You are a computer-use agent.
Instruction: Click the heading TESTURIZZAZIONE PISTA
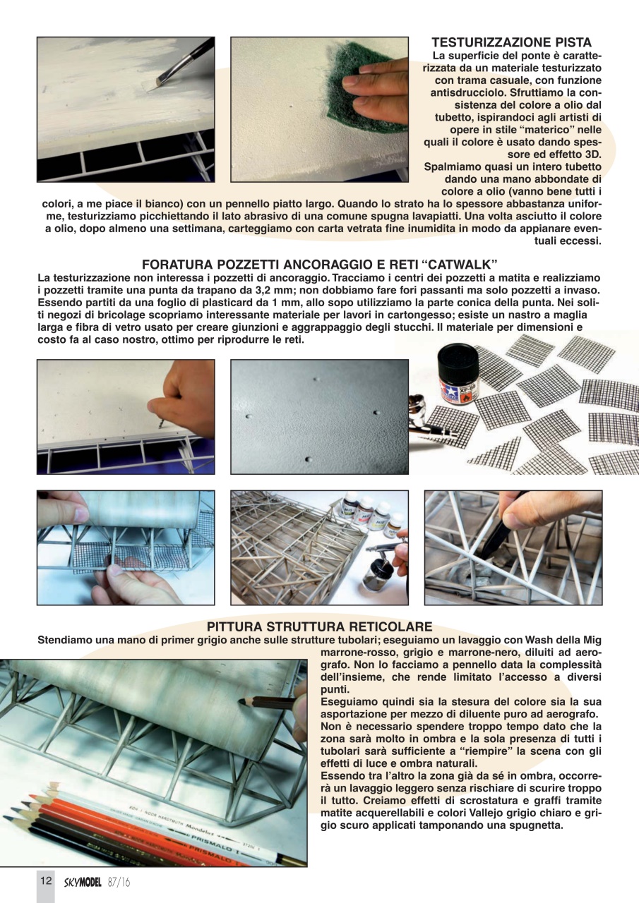[511, 43]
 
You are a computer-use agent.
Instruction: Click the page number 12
[46, 881]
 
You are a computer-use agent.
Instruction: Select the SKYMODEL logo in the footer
[82, 882]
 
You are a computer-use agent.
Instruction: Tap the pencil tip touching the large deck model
[242, 701]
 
